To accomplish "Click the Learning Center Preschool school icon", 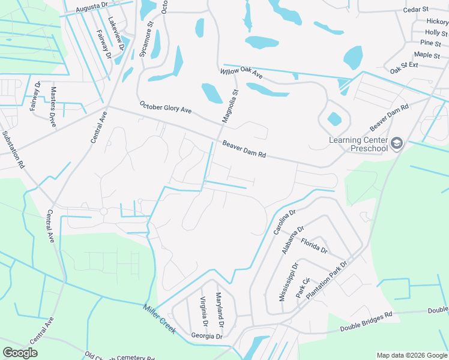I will point(396,143).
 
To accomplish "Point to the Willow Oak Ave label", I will point(241,73).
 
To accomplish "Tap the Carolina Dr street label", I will point(285,222).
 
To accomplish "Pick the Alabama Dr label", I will point(293,239).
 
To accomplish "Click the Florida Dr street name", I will point(314,245).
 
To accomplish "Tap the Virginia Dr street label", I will point(204,311).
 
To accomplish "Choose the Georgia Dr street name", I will point(206,336).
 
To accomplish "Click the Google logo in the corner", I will point(20,353).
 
